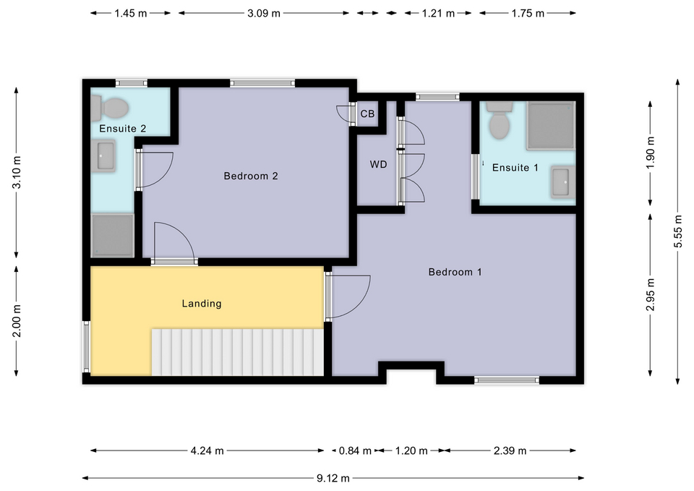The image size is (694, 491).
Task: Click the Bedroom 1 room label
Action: coord(455,272)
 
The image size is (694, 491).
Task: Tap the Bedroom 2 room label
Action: coord(251,176)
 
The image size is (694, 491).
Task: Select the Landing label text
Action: coord(201,304)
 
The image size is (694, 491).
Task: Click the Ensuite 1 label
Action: coord(515,168)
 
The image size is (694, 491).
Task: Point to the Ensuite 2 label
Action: coord(123,129)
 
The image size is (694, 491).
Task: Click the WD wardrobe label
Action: coord(378,164)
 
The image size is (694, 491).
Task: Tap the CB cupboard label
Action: coord(367,114)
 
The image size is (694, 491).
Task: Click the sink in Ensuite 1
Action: coord(563,182)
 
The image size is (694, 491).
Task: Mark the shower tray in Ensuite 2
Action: coord(113,235)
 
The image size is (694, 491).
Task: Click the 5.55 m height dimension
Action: coord(677,231)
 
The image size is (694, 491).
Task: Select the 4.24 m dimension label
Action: coord(207,451)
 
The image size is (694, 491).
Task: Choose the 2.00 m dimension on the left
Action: coord(17,320)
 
